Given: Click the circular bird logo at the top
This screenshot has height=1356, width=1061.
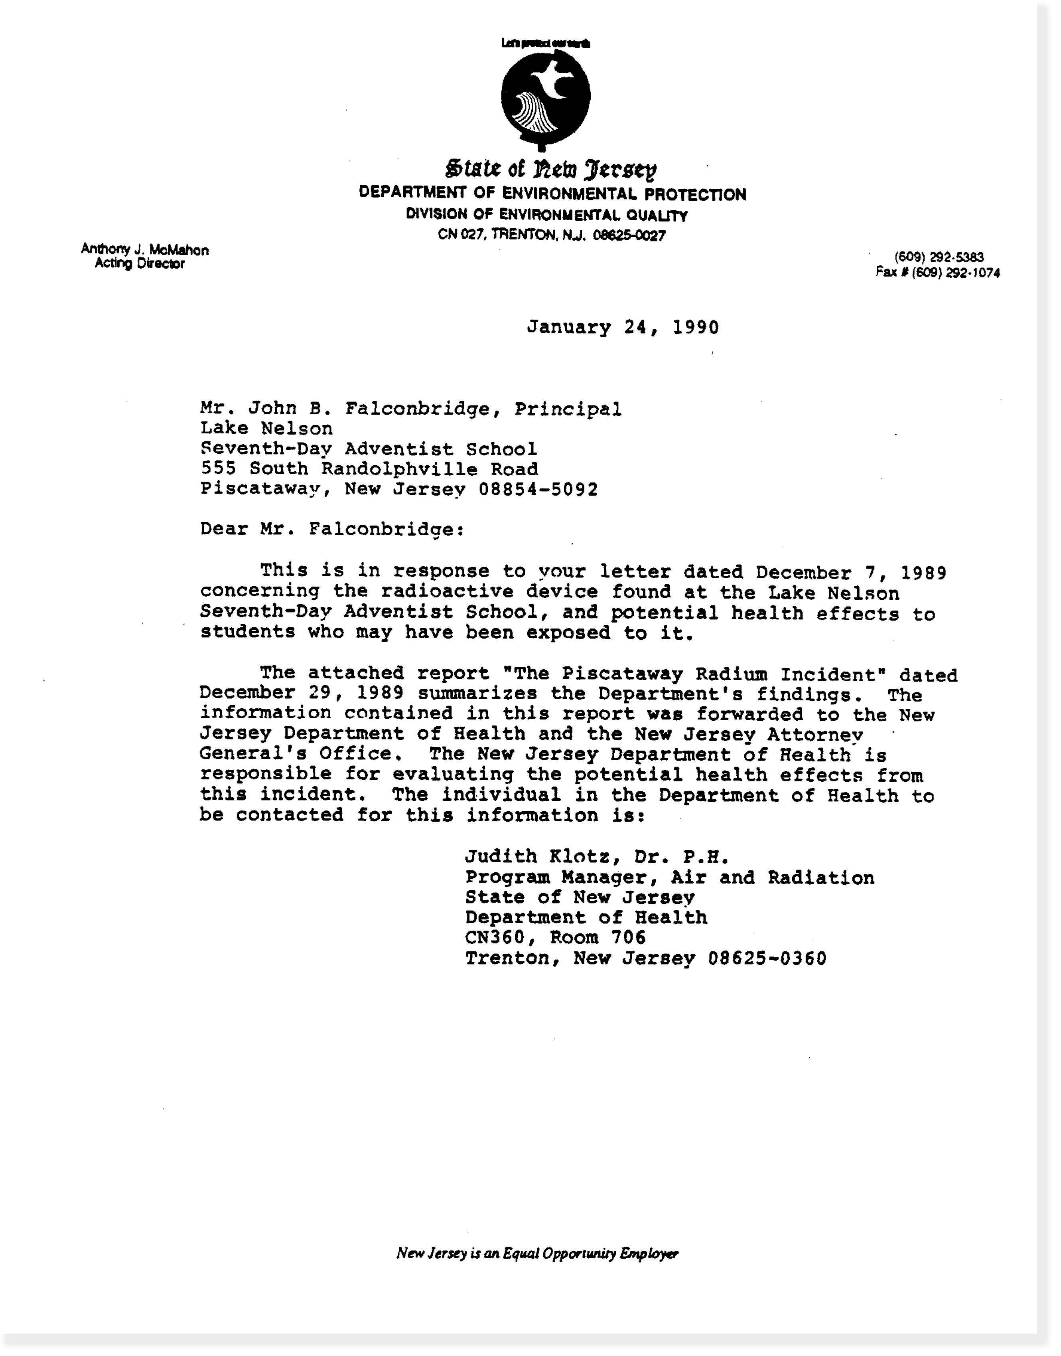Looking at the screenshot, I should pos(545,96).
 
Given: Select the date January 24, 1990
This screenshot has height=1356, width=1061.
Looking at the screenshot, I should pos(622,328).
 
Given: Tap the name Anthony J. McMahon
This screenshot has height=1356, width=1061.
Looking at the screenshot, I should pos(145,250).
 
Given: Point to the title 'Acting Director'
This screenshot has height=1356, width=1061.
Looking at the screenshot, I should pos(139,263).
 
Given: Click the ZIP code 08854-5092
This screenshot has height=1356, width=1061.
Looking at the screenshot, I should pos(538,490).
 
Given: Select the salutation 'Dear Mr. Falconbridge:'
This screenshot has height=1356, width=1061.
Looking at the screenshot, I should pos(332,530).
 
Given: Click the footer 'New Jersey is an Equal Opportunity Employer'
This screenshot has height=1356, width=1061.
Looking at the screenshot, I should pos(537,1253).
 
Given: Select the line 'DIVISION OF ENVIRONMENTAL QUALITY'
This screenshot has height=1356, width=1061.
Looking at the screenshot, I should pos(546,215).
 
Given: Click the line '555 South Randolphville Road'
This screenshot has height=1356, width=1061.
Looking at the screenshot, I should pos(369,469).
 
